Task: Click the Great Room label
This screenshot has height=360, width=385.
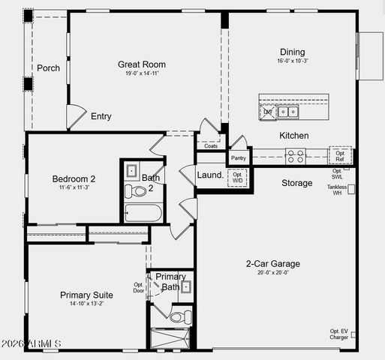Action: click(x=142, y=64)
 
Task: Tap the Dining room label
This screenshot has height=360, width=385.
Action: click(x=293, y=52)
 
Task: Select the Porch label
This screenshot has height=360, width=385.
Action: click(x=48, y=68)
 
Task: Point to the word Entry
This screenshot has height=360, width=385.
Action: click(x=101, y=116)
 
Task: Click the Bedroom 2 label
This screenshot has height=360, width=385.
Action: click(x=74, y=178)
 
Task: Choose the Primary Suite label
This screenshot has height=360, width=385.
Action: click(x=86, y=295)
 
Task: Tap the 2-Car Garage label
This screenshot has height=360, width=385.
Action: click(x=273, y=263)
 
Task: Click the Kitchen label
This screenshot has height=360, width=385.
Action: click(x=294, y=136)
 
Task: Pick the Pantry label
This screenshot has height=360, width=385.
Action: click(x=239, y=158)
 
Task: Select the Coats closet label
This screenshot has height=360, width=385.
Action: click(x=211, y=145)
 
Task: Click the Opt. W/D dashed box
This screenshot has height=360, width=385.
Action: click(x=237, y=178)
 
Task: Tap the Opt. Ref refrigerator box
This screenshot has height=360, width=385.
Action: click(x=340, y=155)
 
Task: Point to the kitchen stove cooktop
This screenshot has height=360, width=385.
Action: click(x=295, y=156)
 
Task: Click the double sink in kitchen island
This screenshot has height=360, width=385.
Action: click(x=288, y=112)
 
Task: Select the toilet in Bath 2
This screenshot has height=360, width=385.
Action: click(x=136, y=191)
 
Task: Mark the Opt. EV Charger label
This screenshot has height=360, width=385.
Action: click(x=338, y=334)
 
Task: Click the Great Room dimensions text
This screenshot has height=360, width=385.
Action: click(x=142, y=73)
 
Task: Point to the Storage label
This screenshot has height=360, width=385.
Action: click(x=297, y=183)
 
